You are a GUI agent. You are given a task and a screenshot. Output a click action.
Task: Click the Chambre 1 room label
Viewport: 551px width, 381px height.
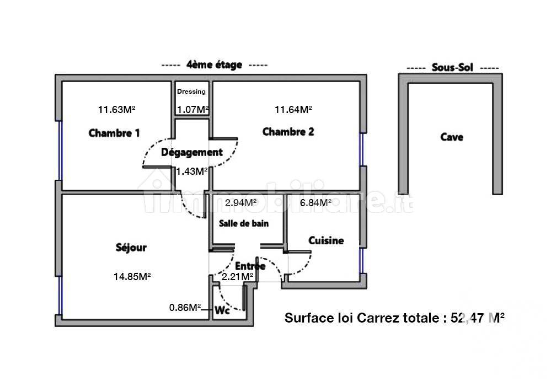[114, 133]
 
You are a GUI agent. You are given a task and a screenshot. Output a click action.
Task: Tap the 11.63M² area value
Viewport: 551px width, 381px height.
[116, 109]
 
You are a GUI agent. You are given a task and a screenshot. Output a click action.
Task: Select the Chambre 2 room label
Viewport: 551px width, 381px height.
[288, 132]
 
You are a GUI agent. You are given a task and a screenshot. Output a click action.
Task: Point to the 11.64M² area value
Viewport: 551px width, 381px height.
[293, 109]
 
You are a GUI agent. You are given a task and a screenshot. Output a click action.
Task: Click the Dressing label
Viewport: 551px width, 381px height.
[191, 92]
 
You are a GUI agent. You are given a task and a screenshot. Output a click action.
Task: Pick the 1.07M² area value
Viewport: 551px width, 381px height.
[192, 109]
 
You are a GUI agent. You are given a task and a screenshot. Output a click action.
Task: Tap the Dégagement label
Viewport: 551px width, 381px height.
[191, 152]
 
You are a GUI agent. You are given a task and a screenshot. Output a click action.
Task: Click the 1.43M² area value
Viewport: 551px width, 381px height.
[191, 171]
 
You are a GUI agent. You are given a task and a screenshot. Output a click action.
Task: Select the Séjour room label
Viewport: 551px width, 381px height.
[131, 248]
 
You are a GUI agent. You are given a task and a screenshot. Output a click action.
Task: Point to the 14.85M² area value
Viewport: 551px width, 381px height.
[132, 276]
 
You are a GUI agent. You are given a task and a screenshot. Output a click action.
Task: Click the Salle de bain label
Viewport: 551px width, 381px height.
[244, 223]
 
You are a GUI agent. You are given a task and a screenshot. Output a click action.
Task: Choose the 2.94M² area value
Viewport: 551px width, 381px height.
[241, 202]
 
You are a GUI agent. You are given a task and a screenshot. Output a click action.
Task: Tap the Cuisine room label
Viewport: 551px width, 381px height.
[326, 240]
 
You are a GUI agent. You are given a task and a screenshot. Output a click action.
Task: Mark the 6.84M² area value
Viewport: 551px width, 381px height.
[315, 202]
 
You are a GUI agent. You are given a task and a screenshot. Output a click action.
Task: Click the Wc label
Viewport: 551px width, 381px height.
[222, 310]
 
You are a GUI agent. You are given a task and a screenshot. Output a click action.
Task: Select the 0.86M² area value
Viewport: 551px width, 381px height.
[185, 308]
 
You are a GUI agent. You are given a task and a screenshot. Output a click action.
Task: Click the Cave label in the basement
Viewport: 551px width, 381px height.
[451, 137]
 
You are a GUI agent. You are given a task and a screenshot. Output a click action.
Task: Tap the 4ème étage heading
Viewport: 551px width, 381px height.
[215, 65]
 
